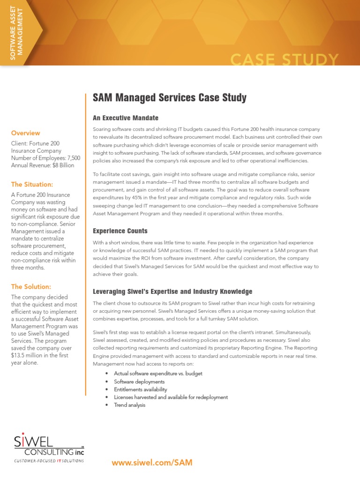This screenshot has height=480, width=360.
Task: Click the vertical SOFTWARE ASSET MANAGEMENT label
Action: click(16, 30)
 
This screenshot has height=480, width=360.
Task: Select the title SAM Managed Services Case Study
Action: click(170, 97)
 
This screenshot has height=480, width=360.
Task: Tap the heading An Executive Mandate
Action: click(126, 118)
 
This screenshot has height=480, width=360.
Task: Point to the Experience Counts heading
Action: click(120, 231)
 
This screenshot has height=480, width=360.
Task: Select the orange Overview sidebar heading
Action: click(26, 133)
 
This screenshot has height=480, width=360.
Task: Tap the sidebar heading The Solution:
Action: click(31, 286)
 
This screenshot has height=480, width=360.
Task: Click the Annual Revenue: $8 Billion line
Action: click(43, 165)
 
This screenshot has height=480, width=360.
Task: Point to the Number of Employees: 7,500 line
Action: click(46, 158)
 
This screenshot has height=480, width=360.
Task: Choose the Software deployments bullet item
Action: click(139, 382)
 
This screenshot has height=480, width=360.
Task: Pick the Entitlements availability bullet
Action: click(140, 390)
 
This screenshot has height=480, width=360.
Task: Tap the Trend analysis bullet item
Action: click(129, 405)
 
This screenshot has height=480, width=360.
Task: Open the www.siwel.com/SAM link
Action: click(152, 463)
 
